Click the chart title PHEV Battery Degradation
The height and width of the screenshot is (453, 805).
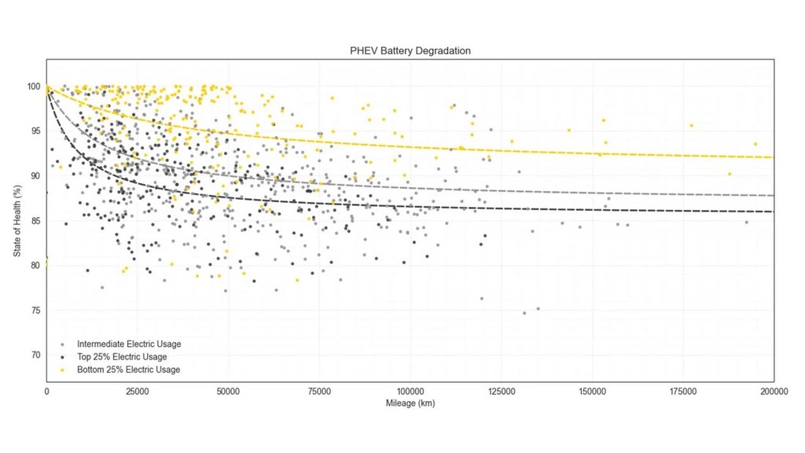tap(410, 51)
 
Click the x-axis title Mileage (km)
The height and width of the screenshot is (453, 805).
tap(410, 403)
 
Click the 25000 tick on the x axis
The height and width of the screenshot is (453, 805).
tap(138, 390)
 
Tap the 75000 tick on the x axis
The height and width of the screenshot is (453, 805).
tap(319, 390)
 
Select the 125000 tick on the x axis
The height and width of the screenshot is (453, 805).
tap(501, 390)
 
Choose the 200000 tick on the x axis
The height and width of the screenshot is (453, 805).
tap(773, 390)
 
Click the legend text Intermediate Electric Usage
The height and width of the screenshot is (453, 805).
tap(129, 344)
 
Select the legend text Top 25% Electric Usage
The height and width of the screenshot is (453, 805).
tap(122, 357)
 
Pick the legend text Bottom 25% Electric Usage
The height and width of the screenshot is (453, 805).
tap(128, 370)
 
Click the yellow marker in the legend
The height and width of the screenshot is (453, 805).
tap(62, 370)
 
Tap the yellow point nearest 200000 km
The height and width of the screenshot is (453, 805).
tap(755, 145)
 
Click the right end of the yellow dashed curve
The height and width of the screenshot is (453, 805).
tap(773, 157)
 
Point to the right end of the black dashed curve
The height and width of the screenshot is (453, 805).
tap(773, 212)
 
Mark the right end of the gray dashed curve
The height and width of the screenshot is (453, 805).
tap(773, 195)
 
